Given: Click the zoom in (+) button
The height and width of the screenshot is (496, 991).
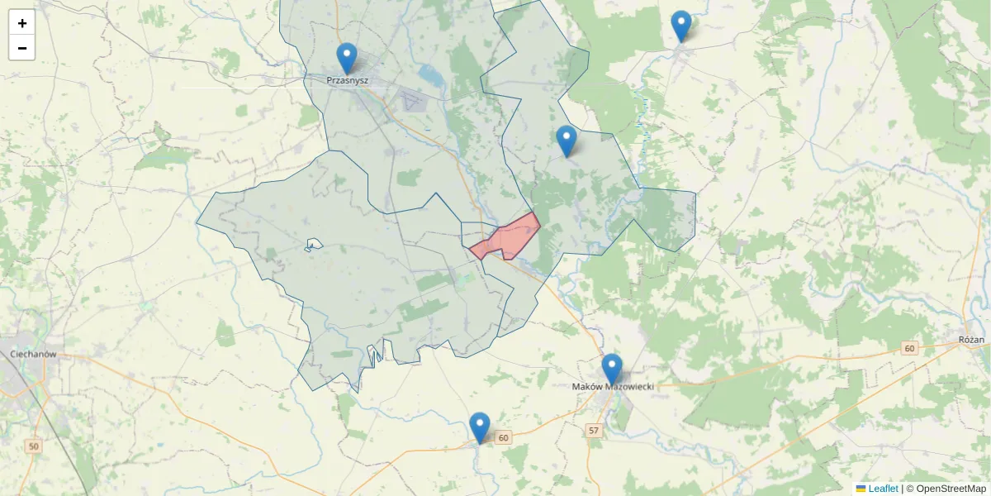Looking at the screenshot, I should pyautogui.click(x=22, y=23).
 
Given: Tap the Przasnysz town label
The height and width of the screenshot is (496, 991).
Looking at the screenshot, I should pyautogui.click(x=347, y=80).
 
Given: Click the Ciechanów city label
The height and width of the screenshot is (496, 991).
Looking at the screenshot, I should pyautogui.click(x=33, y=354).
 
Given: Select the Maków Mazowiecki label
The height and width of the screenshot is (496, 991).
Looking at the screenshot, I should pyautogui.click(x=613, y=387).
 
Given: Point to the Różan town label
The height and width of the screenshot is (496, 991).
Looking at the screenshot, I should pyautogui.click(x=971, y=340).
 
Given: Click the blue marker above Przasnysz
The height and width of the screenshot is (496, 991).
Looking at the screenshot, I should pyautogui.click(x=347, y=58).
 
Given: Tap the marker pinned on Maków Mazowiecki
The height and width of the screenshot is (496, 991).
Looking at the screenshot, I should pyautogui.click(x=611, y=369).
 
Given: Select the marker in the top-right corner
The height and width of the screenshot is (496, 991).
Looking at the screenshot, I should pyautogui.click(x=680, y=26).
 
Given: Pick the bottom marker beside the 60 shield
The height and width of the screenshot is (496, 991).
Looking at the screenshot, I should pyautogui.click(x=479, y=427).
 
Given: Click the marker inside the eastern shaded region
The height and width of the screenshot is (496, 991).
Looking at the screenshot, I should pyautogui.click(x=566, y=141).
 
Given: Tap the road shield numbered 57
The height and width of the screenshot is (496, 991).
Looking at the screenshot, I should pyautogui.click(x=594, y=431).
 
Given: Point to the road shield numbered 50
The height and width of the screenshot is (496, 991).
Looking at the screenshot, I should pyautogui.click(x=33, y=446).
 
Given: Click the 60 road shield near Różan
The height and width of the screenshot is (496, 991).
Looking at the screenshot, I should pyautogui.click(x=909, y=348).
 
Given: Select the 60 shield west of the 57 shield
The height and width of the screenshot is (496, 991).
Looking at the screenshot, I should pyautogui.click(x=504, y=436).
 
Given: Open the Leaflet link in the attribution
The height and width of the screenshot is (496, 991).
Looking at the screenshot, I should pyautogui.click(x=883, y=489).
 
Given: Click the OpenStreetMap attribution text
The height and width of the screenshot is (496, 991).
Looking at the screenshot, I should pyautogui.click(x=946, y=489).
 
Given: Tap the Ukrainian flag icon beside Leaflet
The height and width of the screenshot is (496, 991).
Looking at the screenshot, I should pyautogui.click(x=861, y=489).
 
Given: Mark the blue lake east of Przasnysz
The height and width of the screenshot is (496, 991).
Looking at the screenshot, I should pyautogui.click(x=429, y=76).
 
